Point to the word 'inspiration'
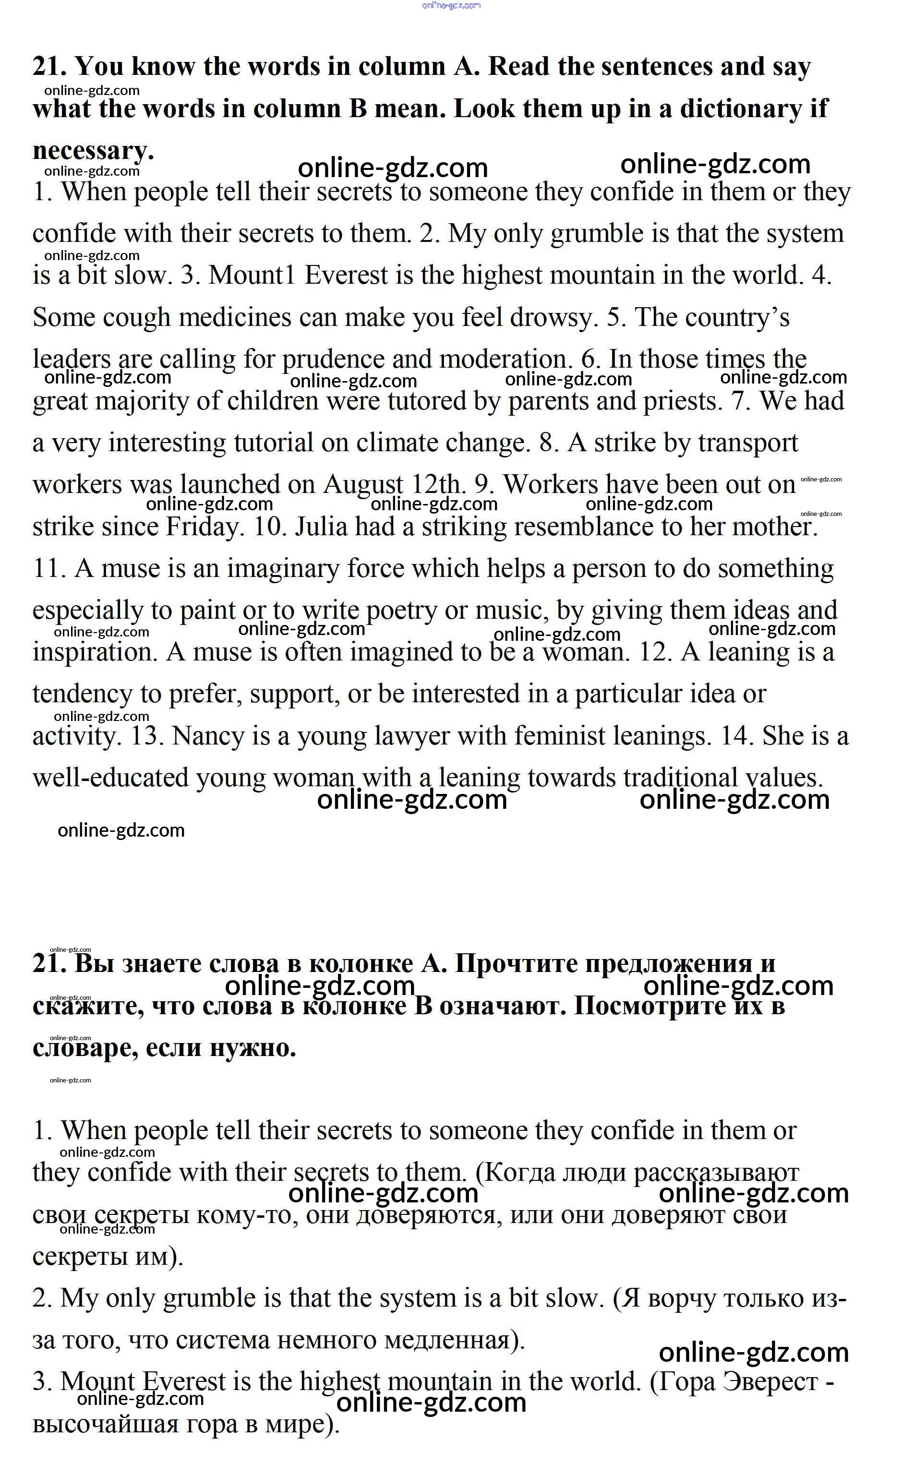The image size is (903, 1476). (x=95, y=652)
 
